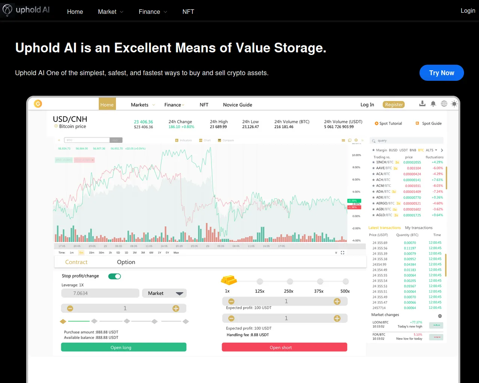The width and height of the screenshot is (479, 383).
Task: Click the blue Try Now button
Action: click(x=442, y=73)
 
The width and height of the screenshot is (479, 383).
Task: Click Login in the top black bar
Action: click(x=468, y=10)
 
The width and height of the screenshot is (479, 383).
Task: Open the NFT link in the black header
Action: click(x=188, y=12)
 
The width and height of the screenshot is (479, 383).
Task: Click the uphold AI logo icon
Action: click(x=7, y=10)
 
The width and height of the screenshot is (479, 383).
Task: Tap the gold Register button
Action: click(x=394, y=105)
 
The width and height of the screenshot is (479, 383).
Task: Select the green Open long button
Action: click(x=123, y=347)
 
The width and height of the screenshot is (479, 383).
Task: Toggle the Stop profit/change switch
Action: click(x=115, y=276)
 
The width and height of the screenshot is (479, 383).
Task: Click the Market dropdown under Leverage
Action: click(x=164, y=293)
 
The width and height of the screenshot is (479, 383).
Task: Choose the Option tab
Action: click(x=126, y=262)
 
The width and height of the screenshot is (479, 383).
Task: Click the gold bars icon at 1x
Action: click(x=229, y=279)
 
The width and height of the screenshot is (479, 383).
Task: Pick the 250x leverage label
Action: click(x=289, y=291)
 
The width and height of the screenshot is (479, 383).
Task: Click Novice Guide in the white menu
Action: click(x=238, y=105)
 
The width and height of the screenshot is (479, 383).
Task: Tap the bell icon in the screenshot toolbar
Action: click(x=433, y=104)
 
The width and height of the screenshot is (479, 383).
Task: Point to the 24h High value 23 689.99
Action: click(x=219, y=127)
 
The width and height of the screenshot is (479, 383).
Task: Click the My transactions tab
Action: click(x=419, y=228)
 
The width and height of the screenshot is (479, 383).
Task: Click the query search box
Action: click(x=406, y=141)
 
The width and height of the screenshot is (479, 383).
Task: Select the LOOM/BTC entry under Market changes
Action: click(x=381, y=322)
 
